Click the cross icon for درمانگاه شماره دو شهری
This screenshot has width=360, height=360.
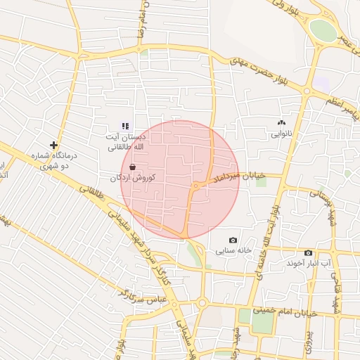53,144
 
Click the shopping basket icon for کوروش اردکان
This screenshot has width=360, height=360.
133,167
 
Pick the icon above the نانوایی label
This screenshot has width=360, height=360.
282,122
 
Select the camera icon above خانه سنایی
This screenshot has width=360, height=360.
233,240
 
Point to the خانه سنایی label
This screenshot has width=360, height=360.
233,250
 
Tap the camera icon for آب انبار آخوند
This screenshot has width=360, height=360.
308,252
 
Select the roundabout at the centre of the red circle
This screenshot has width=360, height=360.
195,186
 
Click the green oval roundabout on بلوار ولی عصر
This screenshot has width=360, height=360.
323,30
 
